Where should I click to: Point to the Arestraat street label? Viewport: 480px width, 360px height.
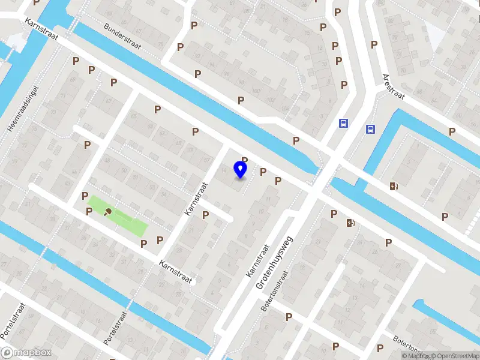point(394,86)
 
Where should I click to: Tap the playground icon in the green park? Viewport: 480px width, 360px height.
point(109,211)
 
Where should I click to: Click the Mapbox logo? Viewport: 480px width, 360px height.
point(26,353)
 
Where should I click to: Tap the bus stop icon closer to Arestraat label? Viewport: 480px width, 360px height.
point(370,129)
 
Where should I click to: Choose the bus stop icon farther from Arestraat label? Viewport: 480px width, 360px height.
point(343,124)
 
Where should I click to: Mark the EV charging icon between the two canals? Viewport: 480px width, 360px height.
point(394,187)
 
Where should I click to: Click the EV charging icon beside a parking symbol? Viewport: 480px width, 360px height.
point(350,223)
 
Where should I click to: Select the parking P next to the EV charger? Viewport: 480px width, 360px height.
point(334,214)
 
